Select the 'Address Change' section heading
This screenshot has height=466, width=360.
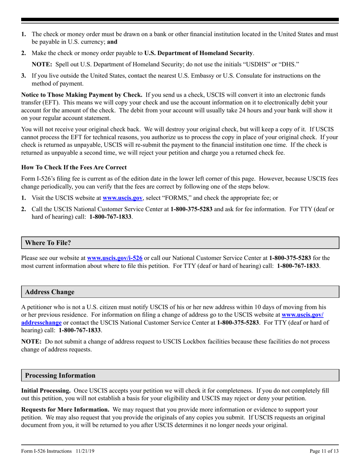(50, 292)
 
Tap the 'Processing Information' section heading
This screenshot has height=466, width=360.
(60, 375)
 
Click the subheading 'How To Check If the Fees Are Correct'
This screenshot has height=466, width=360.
(74, 167)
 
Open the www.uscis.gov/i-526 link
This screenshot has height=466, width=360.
(115, 258)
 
